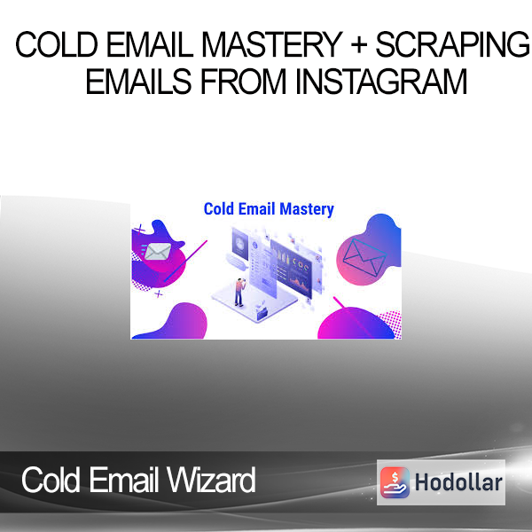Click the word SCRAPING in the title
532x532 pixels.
452,44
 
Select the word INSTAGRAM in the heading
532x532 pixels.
381,81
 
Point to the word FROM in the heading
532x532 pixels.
243,81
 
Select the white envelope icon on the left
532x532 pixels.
158,252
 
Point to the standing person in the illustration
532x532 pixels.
240,292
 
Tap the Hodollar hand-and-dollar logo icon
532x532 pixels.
395,482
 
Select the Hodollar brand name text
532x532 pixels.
458,482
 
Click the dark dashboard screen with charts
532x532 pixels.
291,268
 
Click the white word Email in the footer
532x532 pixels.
124,480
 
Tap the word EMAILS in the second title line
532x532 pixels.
138,81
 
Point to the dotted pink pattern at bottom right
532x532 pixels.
390,323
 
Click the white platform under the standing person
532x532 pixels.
254,303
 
